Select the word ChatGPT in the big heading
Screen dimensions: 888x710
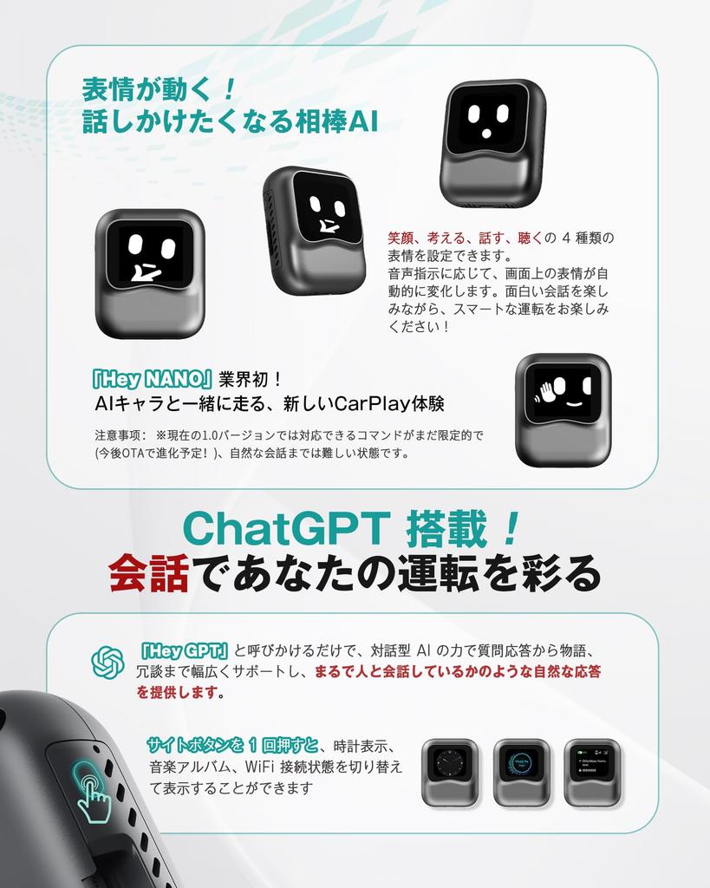click(286, 528)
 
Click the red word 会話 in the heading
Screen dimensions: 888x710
click(148, 571)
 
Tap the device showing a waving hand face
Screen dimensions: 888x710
click(563, 409)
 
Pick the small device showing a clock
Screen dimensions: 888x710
click(450, 772)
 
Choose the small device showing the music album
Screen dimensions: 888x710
click(521, 772)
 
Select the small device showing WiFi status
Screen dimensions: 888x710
click(591, 772)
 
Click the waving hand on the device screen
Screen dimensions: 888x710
click(548, 391)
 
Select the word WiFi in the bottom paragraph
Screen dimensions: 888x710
click(265, 767)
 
